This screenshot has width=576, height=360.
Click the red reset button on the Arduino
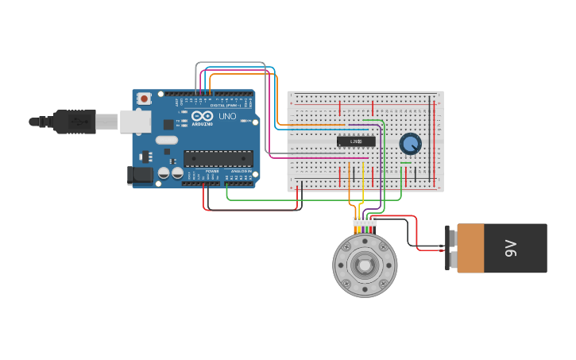point(144,99)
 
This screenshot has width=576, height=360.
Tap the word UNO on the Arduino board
point(227,116)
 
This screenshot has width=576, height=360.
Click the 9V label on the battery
point(511,248)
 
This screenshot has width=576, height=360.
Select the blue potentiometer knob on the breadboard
point(410,144)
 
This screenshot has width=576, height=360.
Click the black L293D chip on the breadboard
point(356,141)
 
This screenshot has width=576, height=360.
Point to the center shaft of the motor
point(364,265)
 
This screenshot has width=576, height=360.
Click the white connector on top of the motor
point(365,222)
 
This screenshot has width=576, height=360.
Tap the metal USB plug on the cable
point(107,122)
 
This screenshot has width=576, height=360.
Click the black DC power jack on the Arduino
point(141,176)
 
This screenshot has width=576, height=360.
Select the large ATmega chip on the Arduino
point(218,158)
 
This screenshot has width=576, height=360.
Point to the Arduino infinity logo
point(203,116)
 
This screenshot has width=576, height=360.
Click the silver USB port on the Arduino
point(136,121)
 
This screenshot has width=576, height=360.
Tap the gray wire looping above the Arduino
point(230,63)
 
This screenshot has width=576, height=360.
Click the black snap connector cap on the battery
point(452,248)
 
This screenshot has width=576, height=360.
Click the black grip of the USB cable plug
point(75,122)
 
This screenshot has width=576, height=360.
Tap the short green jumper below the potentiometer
point(406,164)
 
